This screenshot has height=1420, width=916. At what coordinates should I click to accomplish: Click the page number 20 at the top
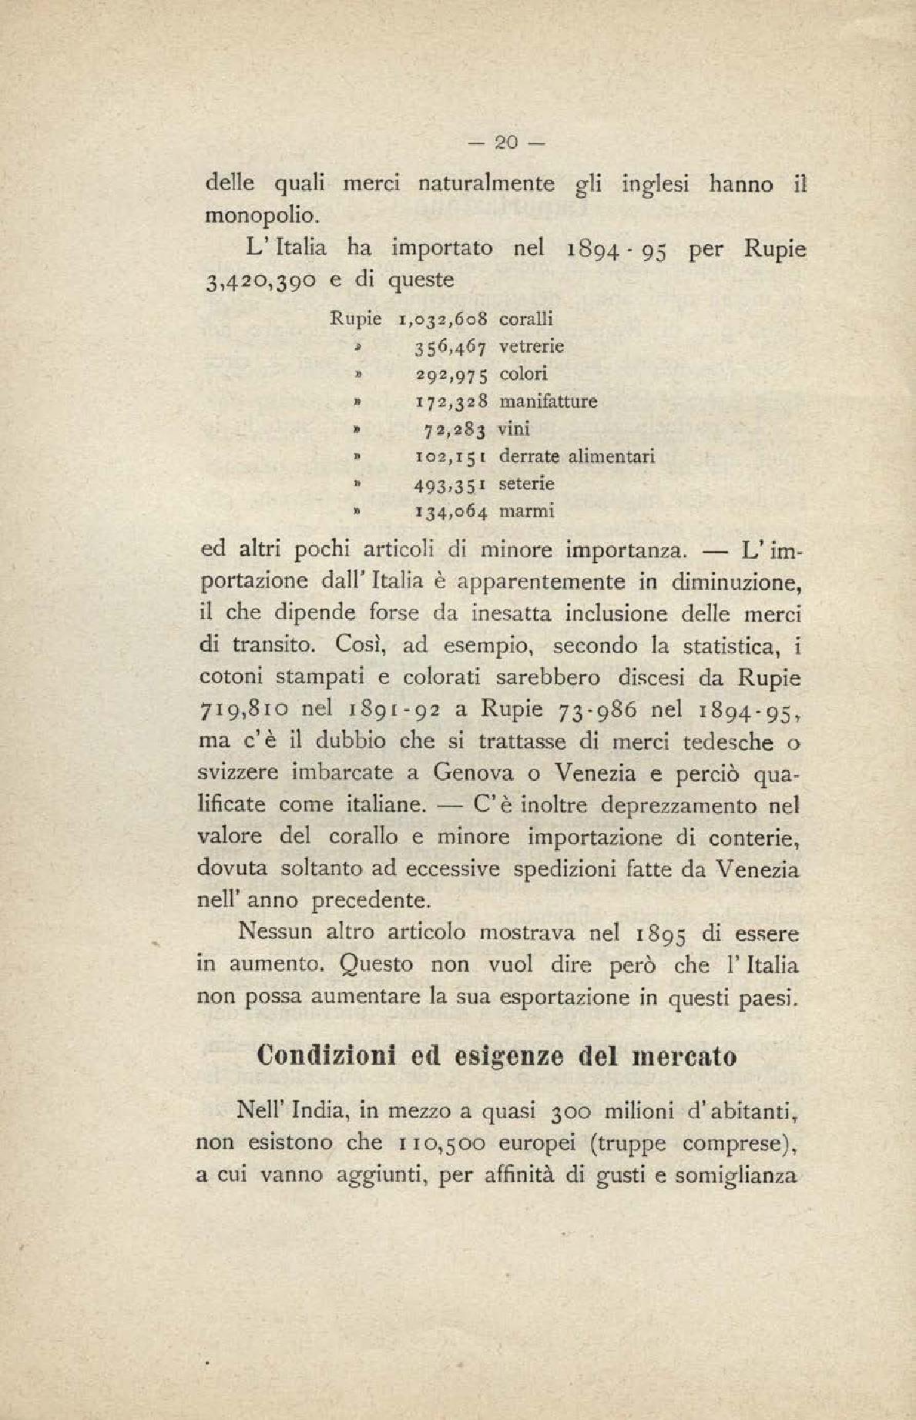click(x=505, y=142)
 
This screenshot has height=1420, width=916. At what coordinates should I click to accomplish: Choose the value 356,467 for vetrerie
click(x=451, y=347)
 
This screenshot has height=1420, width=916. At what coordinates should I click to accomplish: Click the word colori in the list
click(x=523, y=374)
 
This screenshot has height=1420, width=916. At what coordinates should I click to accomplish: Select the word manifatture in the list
click(x=548, y=401)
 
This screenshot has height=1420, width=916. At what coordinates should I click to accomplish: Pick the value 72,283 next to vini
click(x=455, y=429)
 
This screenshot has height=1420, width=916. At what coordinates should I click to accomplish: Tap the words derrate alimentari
click(x=577, y=457)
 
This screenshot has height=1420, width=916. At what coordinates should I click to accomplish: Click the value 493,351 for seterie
click(x=450, y=484)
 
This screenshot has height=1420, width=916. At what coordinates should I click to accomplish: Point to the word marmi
click(x=527, y=511)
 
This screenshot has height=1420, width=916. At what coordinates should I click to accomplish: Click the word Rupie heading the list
click(x=355, y=318)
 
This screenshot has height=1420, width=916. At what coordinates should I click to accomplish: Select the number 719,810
click(x=242, y=710)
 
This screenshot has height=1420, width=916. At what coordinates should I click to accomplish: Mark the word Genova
click(x=470, y=772)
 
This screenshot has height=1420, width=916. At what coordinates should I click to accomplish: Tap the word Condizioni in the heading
click(x=325, y=1055)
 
